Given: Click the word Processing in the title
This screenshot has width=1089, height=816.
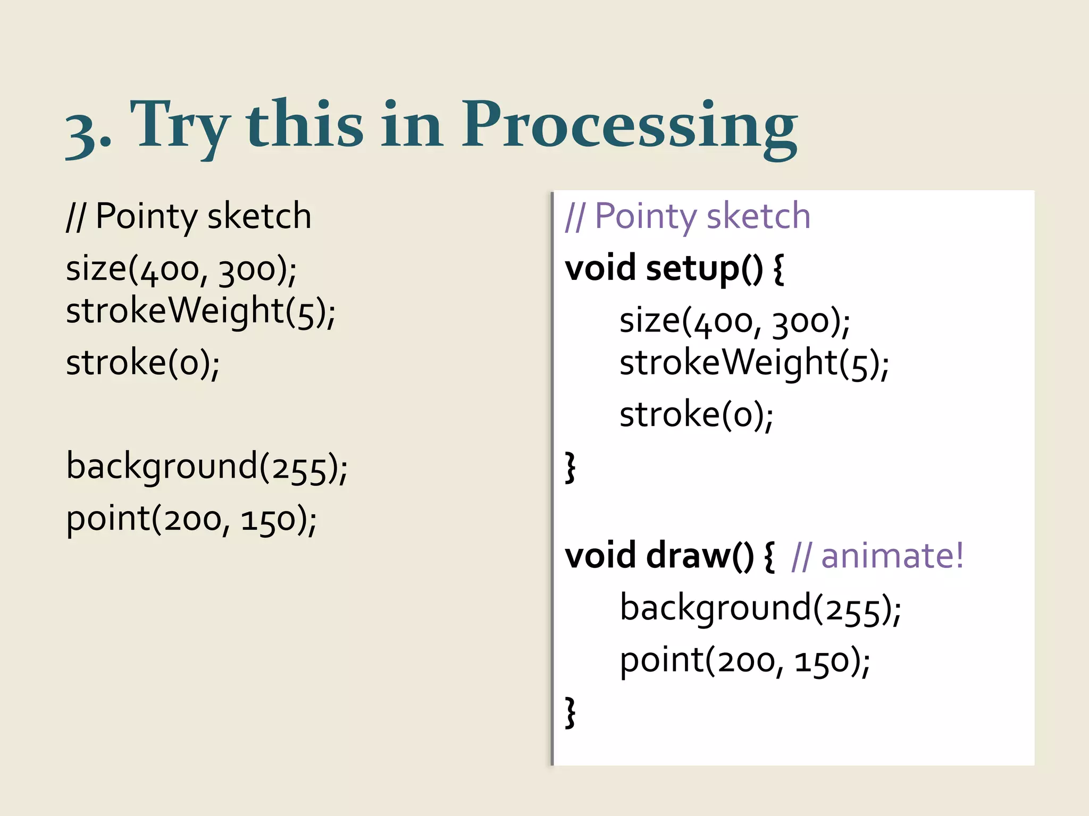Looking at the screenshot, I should [629, 127].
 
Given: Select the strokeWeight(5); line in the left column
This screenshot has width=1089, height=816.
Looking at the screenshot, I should [200, 311].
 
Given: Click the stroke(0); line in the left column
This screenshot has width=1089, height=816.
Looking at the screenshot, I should [143, 363].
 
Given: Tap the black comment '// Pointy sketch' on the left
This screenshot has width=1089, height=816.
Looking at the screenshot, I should [189, 217].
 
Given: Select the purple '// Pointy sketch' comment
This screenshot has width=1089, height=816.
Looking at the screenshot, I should [688, 217].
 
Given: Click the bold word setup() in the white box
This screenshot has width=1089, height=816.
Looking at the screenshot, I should [704, 268].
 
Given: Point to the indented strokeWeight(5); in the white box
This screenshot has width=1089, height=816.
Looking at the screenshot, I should [754, 363].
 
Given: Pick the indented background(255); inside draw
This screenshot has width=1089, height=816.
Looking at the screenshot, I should [760, 608].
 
